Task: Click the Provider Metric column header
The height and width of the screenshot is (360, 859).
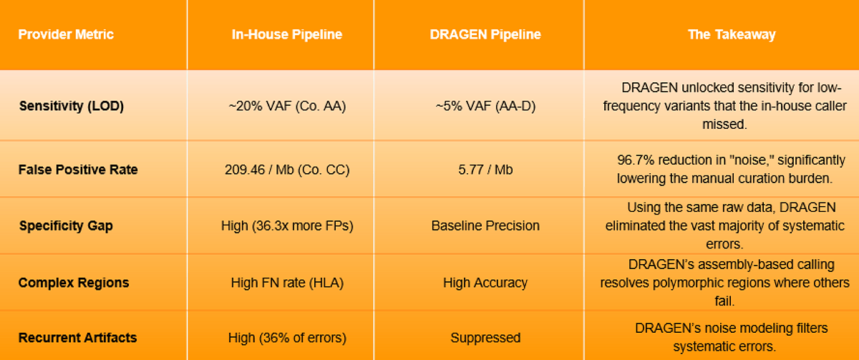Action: [66, 34]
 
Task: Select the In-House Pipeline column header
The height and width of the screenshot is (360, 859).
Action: [287, 34]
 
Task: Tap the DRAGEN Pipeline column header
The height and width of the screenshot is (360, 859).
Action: [485, 34]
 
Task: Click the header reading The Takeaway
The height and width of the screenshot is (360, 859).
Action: [732, 34]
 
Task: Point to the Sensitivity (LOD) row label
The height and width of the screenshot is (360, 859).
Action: [72, 106]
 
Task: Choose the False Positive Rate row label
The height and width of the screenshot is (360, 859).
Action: [78, 170]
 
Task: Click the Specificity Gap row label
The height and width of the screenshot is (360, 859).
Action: [66, 226]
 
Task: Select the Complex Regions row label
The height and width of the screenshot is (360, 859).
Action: [74, 283]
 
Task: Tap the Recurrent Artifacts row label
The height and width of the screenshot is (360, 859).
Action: [77, 338]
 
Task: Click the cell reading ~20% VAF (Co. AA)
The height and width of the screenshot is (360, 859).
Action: [287, 106]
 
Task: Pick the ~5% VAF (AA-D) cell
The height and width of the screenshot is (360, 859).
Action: [485, 106]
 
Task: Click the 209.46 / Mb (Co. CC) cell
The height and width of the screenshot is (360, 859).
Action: [287, 170]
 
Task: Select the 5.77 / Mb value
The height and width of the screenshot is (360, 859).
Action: [485, 170]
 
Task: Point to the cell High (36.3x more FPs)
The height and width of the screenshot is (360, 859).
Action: [287, 226]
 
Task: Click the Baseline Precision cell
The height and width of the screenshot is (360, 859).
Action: [485, 226]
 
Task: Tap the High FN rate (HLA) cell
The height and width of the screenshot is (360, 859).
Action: [287, 283]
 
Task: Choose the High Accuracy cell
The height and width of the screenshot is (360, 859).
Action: [485, 283]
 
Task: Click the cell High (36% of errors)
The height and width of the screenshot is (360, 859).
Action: [287, 338]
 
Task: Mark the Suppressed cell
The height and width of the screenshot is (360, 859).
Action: [485, 338]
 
